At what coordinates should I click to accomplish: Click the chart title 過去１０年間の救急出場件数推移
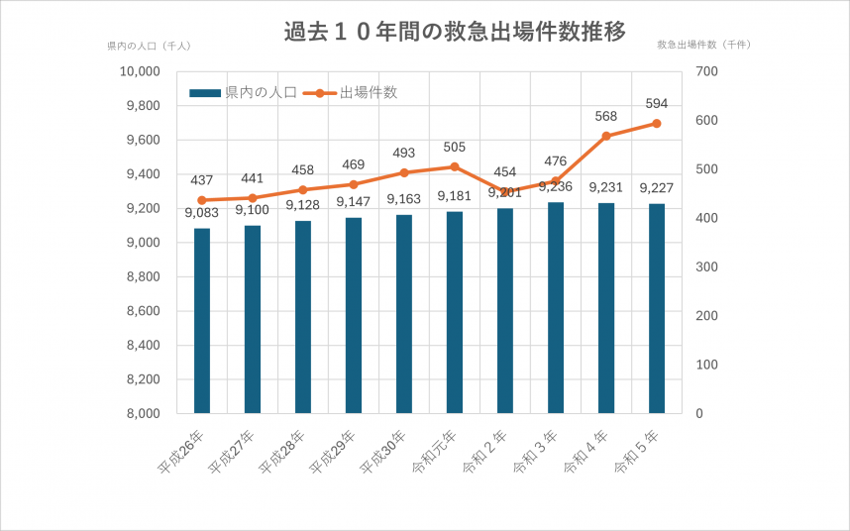click(455, 32)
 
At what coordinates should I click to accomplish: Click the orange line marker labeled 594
click(657, 124)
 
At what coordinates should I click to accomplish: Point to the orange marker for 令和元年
click(455, 166)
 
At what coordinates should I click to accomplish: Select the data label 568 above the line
click(606, 116)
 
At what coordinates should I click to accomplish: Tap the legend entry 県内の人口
click(244, 93)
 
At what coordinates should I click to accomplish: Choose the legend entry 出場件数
click(352, 93)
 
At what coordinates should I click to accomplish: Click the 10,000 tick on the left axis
click(140, 71)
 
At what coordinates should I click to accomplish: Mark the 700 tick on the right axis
click(706, 71)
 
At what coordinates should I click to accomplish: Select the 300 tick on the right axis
click(706, 267)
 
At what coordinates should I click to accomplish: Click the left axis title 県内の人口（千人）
click(149, 46)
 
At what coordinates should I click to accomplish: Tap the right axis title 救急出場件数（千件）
click(704, 46)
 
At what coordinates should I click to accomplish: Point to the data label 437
click(202, 180)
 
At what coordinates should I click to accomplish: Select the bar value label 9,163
click(404, 199)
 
